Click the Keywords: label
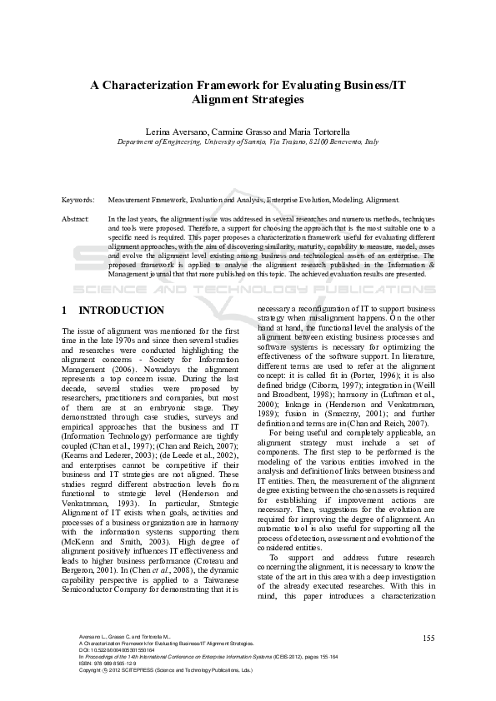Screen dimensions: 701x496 pyautogui.click(x=78, y=200)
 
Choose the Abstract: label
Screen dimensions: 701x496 pyautogui.click(x=76, y=218)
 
